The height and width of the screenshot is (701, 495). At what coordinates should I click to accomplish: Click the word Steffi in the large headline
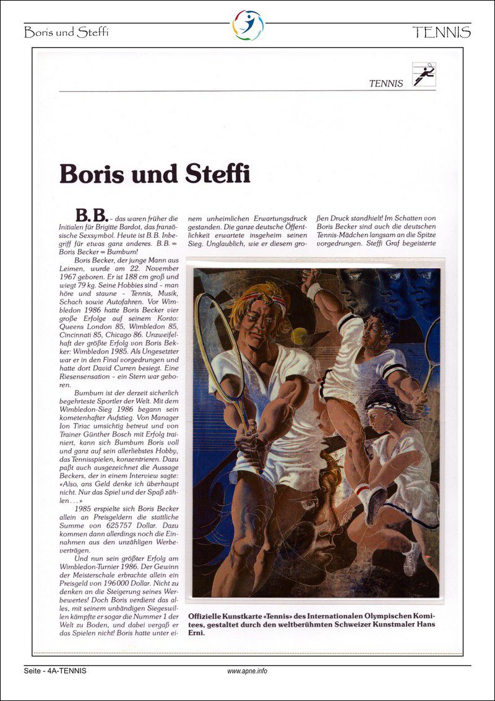218,174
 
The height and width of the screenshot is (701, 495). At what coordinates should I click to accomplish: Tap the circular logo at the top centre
247,25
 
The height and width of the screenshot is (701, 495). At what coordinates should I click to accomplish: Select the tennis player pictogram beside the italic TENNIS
424,76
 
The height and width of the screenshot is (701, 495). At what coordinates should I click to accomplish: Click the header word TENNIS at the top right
441,32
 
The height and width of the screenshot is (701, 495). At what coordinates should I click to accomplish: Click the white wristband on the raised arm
315,291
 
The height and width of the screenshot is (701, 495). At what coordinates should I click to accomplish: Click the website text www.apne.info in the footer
247,671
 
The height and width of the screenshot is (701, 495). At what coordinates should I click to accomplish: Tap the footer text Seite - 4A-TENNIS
56,671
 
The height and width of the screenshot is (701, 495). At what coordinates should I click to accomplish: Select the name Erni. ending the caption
200,633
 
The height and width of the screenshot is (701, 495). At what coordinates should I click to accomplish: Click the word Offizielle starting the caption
209,615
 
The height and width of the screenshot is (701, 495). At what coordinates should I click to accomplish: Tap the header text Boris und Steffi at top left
66,33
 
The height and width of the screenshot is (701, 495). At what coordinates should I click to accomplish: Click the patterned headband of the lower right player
384,407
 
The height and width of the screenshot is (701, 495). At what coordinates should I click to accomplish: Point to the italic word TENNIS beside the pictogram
386,83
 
